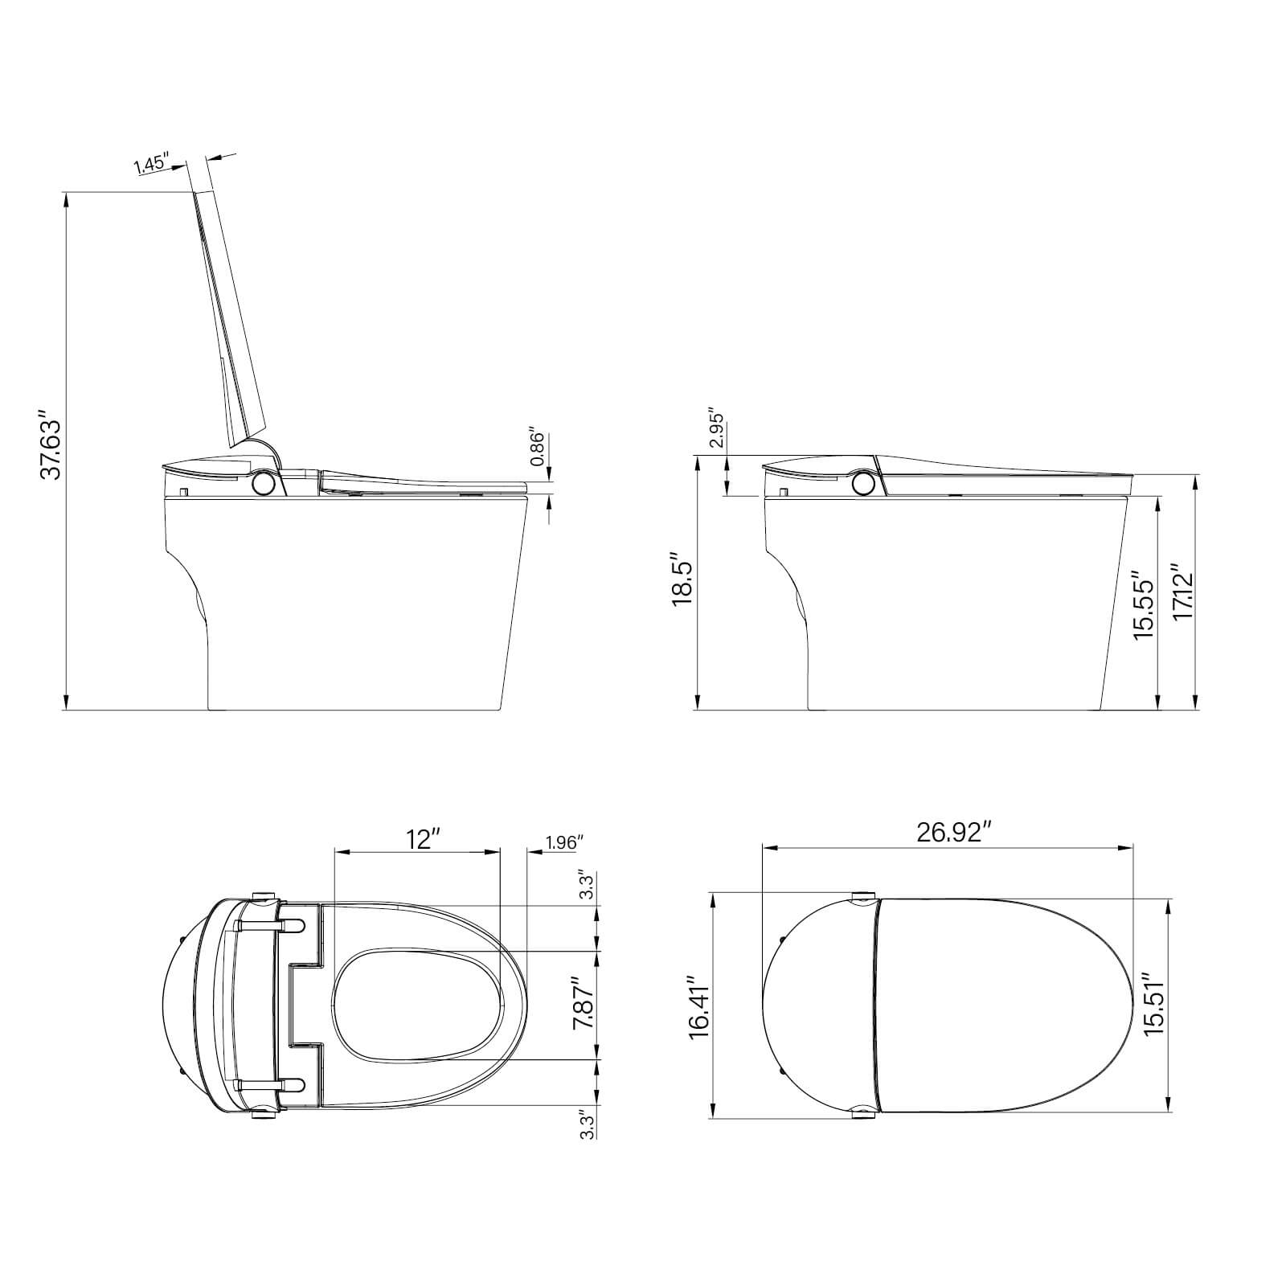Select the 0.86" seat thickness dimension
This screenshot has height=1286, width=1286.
point(538,448)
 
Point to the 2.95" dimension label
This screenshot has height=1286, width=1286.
point(717,432)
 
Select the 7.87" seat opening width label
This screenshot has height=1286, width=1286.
point(584,1003)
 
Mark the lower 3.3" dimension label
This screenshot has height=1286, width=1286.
point(588,1124)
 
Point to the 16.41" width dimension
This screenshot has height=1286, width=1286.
point(699,1009)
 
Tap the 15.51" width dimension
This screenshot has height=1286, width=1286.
point(1154,1006)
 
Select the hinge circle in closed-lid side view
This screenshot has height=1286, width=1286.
point(864,482)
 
